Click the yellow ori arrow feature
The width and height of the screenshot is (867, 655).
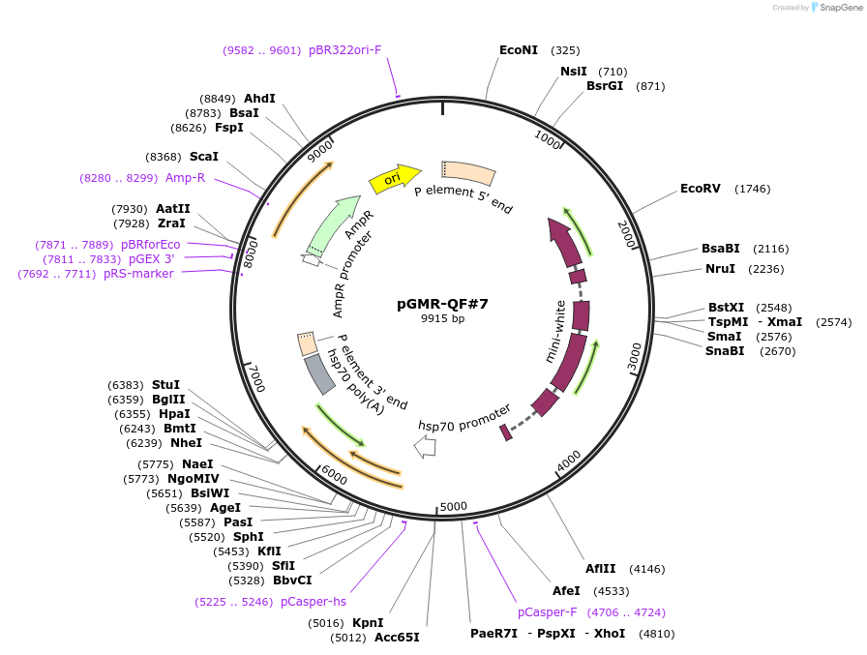[395, 177]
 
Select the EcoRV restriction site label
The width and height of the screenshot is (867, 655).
[701, 189]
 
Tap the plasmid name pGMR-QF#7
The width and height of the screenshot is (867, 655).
[442, 303]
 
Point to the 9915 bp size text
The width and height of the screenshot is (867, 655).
[442, 318]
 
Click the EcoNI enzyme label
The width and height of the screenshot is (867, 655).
[519, 49]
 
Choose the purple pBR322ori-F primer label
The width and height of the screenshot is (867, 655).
[345, 49]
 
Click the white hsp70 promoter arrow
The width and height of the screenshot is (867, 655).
[425, 447]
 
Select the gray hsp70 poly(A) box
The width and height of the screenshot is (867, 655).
[319, 374]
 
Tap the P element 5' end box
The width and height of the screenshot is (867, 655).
[469, 173]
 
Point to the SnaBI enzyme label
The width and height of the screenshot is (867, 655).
[725, 350]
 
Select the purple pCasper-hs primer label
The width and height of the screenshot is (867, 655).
[314, 602]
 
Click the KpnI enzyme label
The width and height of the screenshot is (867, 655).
[368, 623]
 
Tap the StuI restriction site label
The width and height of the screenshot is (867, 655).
[165, 385]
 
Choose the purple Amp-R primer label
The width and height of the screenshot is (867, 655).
[185, 178]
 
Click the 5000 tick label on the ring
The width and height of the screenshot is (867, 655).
[453, 506]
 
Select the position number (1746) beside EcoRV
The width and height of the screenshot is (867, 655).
[753, 189]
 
